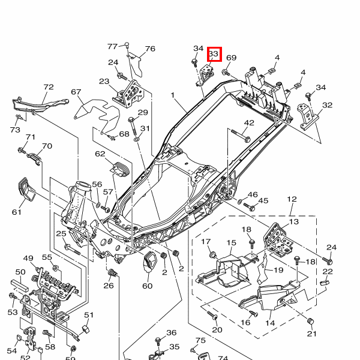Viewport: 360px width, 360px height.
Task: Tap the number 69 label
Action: [x=232, y=58]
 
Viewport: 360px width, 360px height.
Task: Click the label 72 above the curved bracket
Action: [x=49, y=88]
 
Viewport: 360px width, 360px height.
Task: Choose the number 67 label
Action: [x=76, y=92]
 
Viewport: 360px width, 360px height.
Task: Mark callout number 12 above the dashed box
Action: [x=292, y=199]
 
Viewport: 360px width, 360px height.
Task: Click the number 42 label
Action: [x=249, y=123]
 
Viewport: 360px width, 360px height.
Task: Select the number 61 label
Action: [x=16, y=212]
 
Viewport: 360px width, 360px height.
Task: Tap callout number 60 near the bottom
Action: [x=148, y=286]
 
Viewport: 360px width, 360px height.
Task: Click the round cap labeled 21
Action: [x=311, y=319]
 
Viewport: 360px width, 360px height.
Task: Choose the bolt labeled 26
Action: [x=110, y=274]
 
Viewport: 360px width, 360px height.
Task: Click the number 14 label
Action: [x=271, y=323]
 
